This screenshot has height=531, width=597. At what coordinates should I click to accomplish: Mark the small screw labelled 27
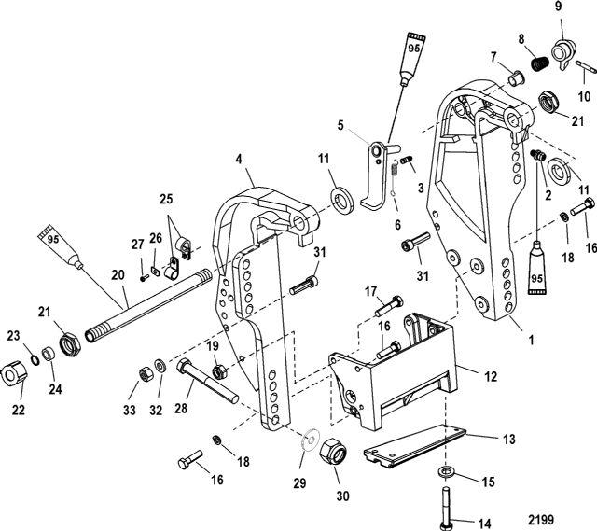point(145,276)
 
